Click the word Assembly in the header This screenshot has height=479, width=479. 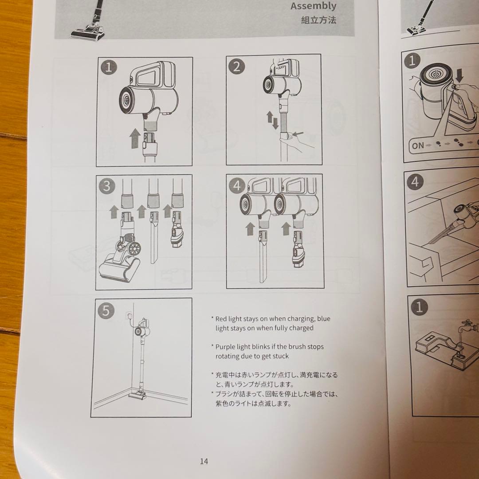coord(313,6)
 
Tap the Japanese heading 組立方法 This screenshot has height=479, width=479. coord(318,20)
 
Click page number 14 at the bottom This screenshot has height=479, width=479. coord(204,461)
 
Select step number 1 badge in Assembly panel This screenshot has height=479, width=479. coord(109,68)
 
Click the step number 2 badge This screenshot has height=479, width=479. coord(237,67)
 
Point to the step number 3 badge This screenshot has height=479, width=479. coord(106,186)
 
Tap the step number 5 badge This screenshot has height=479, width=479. coord(106,310)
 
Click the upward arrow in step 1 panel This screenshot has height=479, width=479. coord(134,139)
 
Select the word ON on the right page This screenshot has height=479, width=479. coord(418,145)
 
